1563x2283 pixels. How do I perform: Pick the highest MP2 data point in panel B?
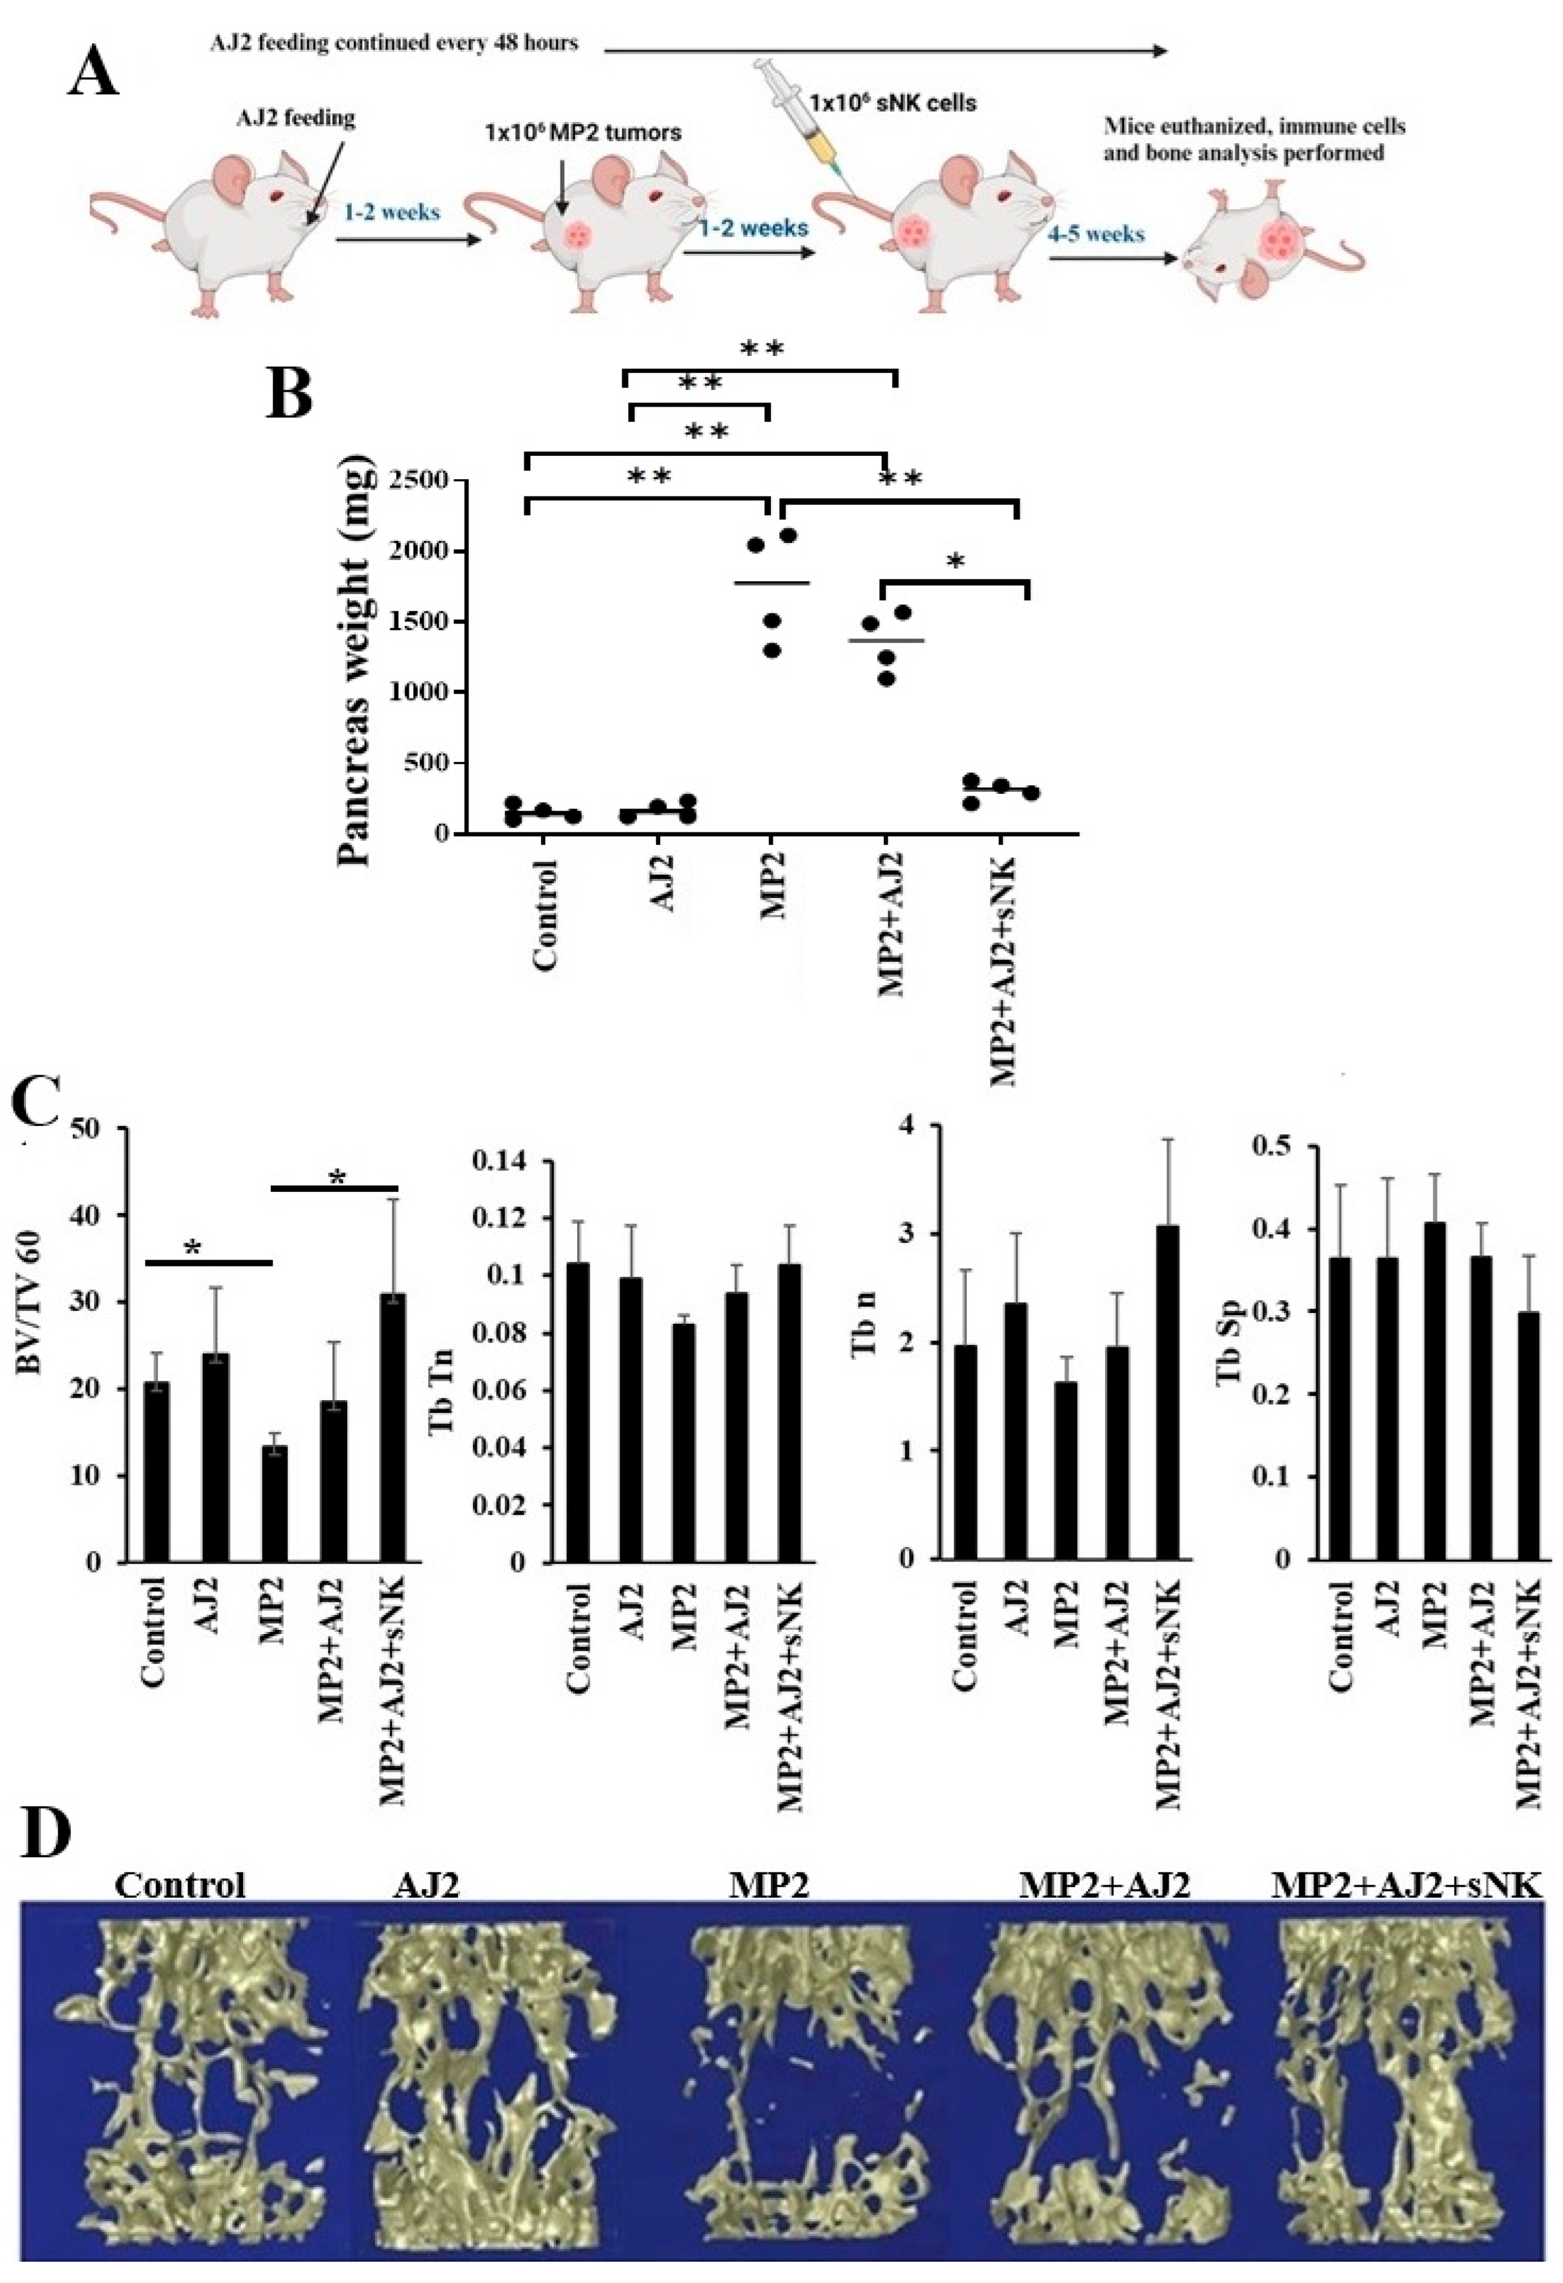(787, 535)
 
